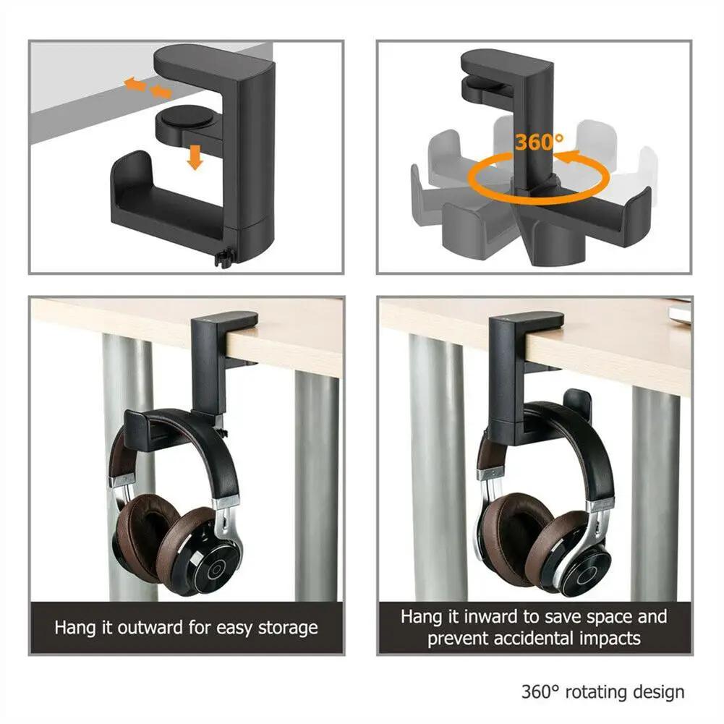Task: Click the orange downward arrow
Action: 194,156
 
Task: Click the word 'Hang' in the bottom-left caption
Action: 74,627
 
